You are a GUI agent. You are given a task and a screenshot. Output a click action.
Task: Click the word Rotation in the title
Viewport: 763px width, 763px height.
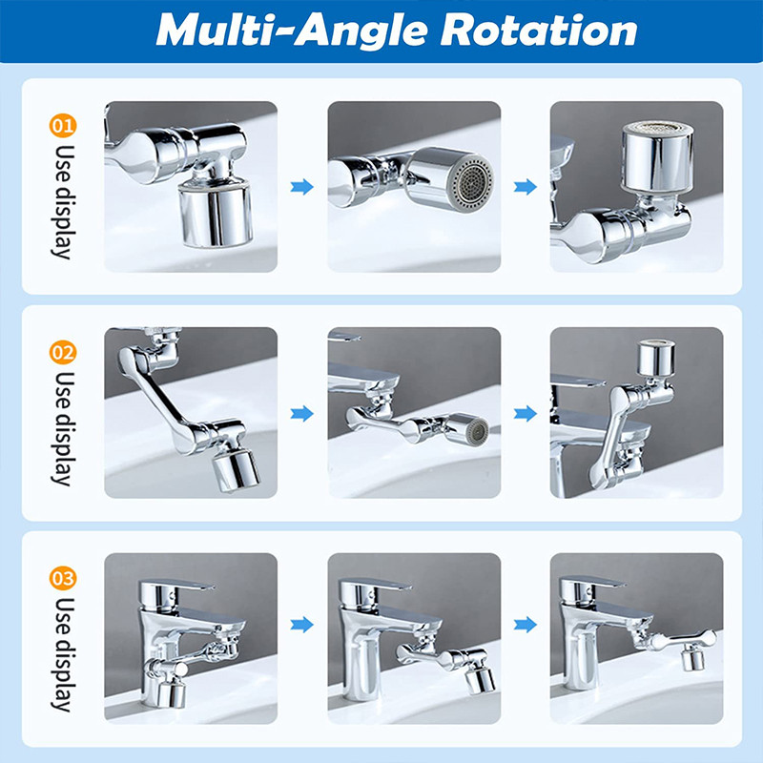click(x=539, y=31)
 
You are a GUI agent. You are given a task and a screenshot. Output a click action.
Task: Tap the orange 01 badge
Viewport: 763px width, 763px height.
click(x=63, y=126)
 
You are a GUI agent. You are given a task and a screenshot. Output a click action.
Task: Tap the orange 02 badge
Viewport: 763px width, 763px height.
click(x=63, y=352)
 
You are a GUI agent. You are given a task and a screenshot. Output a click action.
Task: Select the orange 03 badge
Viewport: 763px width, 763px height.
click(x=63, y=578)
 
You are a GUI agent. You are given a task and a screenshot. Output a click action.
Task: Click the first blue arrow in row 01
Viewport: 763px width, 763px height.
click(x=301, y=186)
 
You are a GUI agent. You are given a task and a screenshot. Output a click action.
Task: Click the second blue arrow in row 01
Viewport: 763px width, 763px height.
click(x=526, y=186)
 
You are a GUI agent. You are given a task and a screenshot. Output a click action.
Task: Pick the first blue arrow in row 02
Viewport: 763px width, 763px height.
click(x=301, y=414)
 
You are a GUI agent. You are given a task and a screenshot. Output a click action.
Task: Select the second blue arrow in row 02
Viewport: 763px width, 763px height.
click(x=526, y=414)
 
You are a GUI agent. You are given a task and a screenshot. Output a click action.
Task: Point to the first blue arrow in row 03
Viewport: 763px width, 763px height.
click(x=301, y=625)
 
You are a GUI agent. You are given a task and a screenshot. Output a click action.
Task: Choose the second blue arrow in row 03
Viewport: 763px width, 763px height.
click(x=526, y=625)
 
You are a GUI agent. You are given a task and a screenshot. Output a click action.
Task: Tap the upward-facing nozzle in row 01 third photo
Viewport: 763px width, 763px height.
click(x=657, y=155)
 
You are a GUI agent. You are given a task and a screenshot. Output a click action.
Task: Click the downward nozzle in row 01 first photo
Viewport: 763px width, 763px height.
click(x=215, y=214)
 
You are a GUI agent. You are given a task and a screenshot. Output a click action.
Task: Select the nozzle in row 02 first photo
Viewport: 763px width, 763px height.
click(x=235, y=470)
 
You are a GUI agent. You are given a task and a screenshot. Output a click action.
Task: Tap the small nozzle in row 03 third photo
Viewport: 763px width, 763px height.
click(x=692, y=659)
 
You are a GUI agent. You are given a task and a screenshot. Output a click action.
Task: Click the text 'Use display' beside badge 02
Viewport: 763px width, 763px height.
click(x=63, y=429)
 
